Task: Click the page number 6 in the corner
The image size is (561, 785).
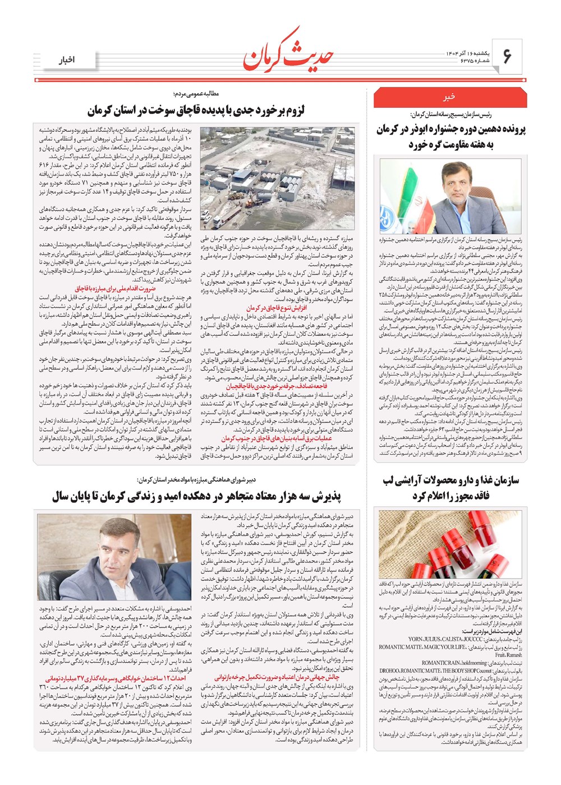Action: click(x=507, y=56)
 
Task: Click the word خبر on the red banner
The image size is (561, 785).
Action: click(x=449, y=97)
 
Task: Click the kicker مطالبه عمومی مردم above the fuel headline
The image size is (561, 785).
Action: click(x=196, y=94)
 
